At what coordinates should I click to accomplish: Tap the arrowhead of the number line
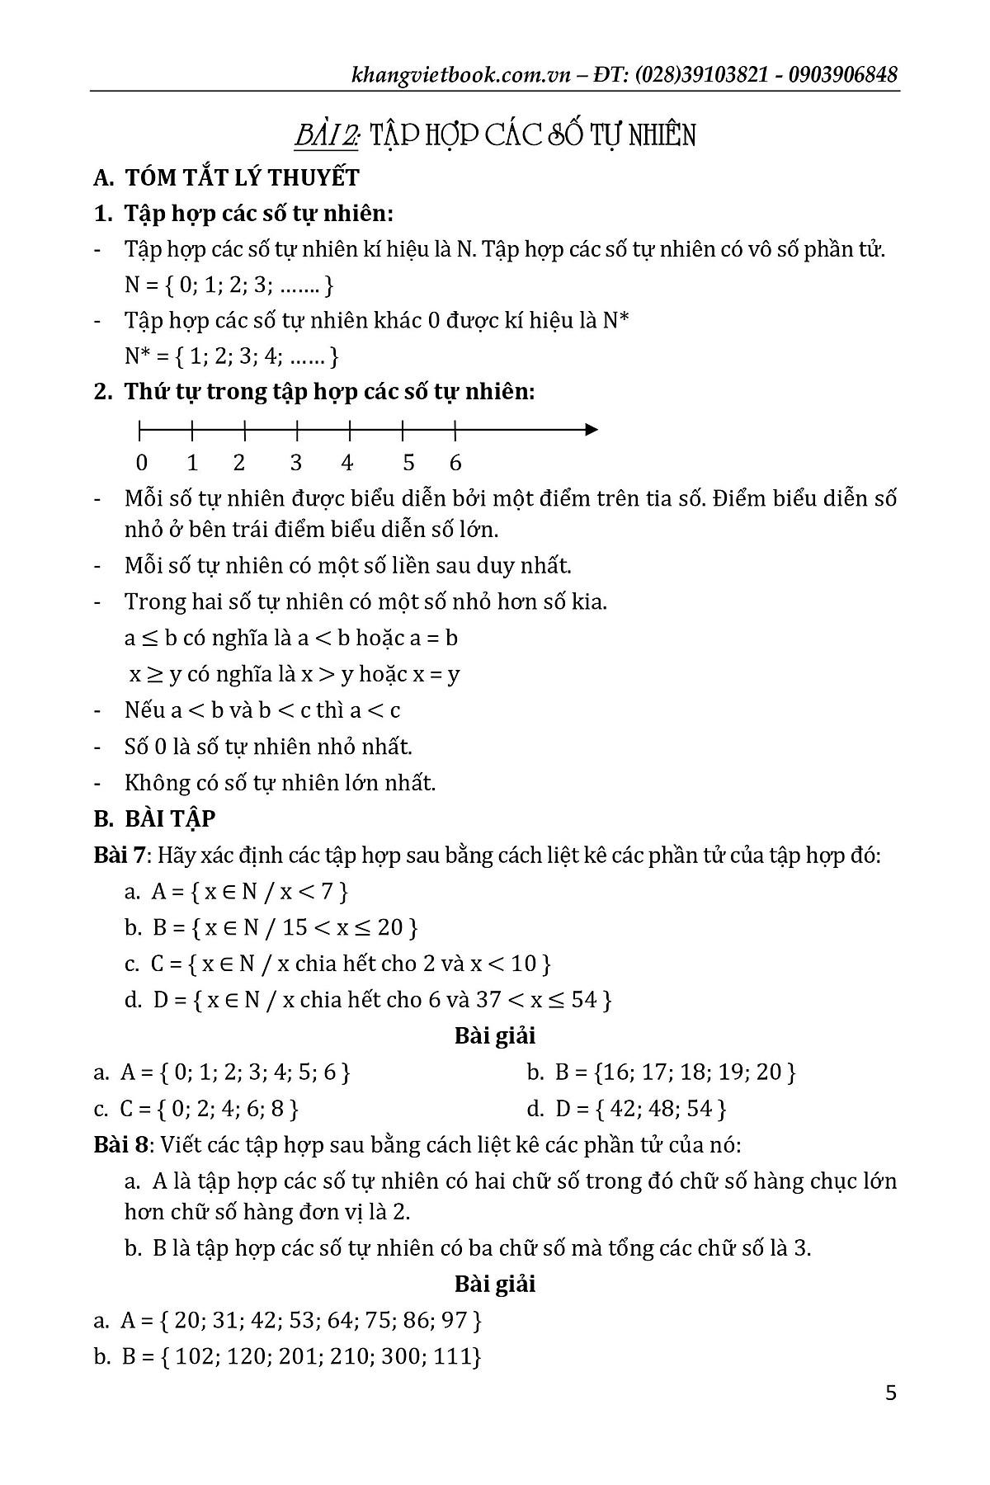click(x=591, y=430)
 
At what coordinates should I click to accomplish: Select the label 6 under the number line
click(x=455, y=463)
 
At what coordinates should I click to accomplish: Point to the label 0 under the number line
click(x=142, y=463)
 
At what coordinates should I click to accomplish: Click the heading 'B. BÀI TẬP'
click(x=155, y=818)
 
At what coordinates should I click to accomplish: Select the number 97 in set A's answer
click(x=455, y=1320)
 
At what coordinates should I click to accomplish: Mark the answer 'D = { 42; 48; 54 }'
click(x=627, y=1108)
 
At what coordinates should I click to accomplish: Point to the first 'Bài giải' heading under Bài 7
click(x=495, y=1035)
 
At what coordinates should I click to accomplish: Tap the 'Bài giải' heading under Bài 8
click(x=495, y=1284)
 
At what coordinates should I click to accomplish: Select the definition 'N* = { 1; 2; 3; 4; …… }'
click(x=232, y=356)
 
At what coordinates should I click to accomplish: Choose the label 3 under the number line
click(x=295, y=463)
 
